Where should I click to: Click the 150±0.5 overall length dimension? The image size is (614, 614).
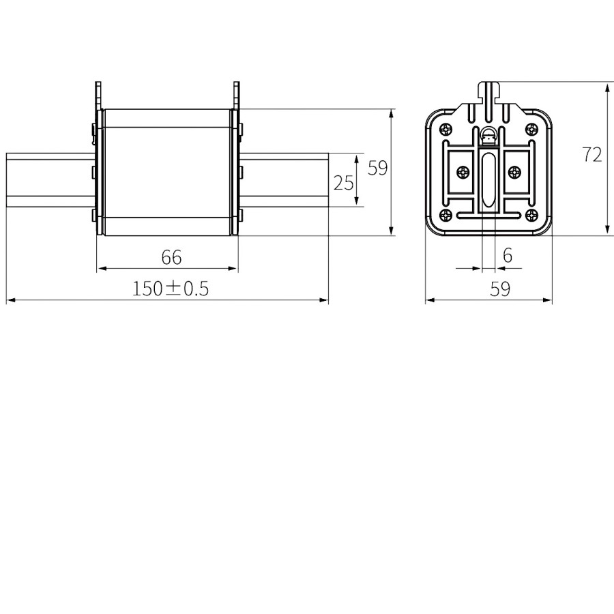171,289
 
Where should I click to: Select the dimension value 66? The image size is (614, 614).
171,257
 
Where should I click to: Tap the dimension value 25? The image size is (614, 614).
343,183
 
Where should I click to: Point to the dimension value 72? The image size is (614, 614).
591,155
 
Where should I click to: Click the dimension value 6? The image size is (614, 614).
508,255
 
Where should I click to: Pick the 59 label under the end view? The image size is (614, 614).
500,289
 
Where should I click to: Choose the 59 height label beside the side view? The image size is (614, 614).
377,168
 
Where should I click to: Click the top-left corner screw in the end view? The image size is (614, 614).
446,129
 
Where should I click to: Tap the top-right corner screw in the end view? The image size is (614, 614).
531,129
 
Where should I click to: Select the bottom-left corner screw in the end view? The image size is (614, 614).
446,215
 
